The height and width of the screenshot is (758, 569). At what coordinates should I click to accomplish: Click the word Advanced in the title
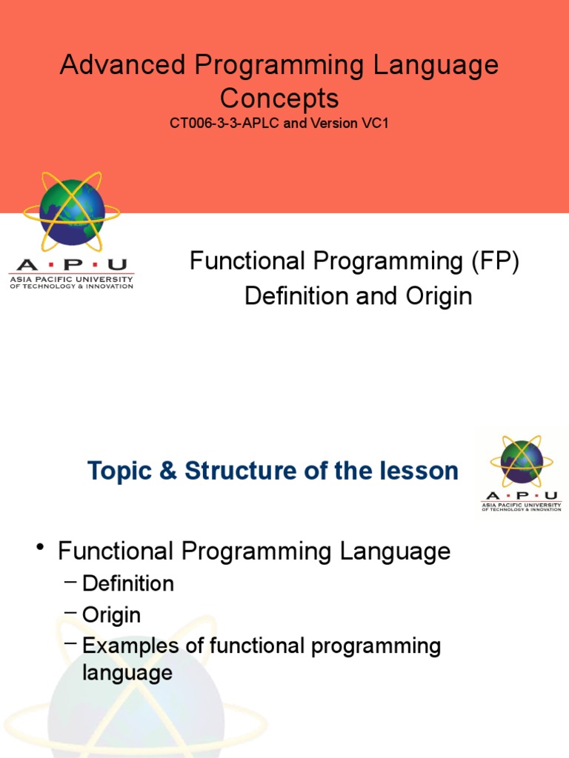tap(123, 65)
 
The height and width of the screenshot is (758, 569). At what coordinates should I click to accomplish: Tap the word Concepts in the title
tap(279, 98)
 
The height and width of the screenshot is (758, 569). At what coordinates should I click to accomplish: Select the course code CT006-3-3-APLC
tap(224, 124)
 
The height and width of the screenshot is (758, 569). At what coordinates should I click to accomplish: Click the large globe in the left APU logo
tap(72, 212)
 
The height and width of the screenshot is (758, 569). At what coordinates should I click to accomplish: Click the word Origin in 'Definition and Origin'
tap(439, 296)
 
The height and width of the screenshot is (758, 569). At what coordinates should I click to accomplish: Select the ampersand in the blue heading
tap(168, 471)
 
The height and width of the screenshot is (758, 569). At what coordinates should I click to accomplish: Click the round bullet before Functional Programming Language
tap(41, 547)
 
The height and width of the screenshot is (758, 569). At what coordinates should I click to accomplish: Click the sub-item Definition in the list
tap(128, 583)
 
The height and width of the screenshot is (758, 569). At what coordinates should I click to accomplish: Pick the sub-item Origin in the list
tap(112, 615)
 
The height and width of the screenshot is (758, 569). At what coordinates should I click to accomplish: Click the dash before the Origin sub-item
tap(70, 612)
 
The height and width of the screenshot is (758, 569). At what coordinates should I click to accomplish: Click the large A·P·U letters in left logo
tap(72, 265)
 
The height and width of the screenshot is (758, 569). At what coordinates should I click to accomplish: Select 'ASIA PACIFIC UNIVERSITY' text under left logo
tap(72, 279)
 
